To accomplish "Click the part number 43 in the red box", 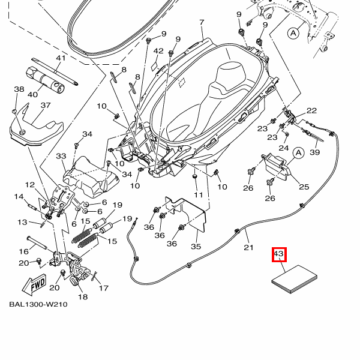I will (x=278, y=254).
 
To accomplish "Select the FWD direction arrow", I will (x=37, y=281).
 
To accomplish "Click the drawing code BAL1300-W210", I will (x=38, y=304).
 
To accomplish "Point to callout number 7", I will (x=202, y=23).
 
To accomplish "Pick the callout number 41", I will (x=60, y=58).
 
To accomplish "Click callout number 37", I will (x=46, y=106).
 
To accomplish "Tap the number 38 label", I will (x=19, y=89).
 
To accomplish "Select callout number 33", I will (x=61, y=157).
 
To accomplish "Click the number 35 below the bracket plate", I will (x=196, y=247).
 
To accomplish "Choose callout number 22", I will (x=312, y=110).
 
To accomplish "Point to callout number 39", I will (x=315, y=152).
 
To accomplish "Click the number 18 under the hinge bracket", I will (x=83, y=297).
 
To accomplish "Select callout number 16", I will (x=25, y=251).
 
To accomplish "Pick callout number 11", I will (x=199, y=195).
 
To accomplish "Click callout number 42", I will (x=158, y=51).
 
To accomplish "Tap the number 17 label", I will (x=104, y=288).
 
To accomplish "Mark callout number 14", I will (x=19, y=197).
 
